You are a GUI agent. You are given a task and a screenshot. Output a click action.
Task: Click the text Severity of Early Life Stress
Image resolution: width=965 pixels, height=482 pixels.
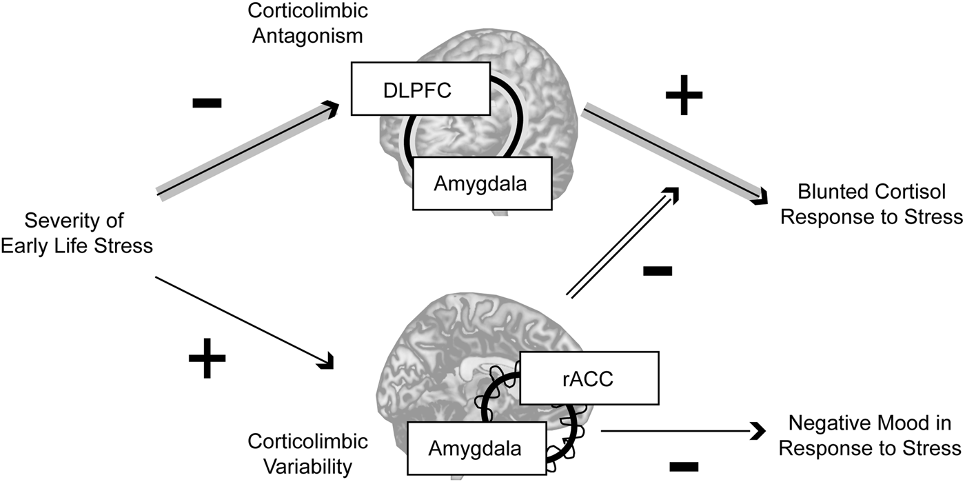coord(77,233)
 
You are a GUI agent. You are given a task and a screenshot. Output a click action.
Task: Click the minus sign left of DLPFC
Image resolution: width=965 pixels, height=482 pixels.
coord(207,103)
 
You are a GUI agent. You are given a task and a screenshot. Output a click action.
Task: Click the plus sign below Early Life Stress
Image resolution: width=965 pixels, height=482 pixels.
coord(207,361)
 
